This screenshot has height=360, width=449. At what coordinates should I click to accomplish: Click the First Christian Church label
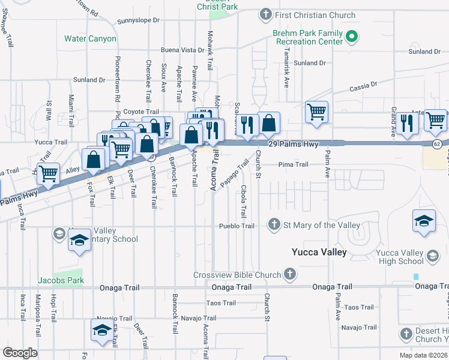pyautogui.click(x=315, y=15)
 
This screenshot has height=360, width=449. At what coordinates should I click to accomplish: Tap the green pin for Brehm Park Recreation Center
pyautogui.click(x=352, y=38)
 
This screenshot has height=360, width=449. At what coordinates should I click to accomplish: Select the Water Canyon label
pyautogui.click(x=90, y=38)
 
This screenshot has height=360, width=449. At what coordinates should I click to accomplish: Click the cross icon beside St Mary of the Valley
pyautogui.click(x=274, y=225)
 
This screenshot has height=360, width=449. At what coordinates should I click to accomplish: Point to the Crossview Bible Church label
pyautogui.click(x=237, y=275)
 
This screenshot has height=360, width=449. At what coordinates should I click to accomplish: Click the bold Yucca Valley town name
pyautogui.click(x=319, y=252)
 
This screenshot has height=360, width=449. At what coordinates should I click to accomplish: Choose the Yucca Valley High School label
pyautogui.click(x=399, y=257)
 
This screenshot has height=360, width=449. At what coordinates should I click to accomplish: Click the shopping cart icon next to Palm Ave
pyautogui.click(x=316, y=112)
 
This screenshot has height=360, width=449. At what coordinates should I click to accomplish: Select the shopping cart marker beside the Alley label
pyautogui.click(x=49, y=174)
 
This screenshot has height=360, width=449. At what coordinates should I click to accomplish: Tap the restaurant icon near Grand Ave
pyautogui.click(x=407, y=123)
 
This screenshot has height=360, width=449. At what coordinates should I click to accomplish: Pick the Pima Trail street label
pyautogui.click(x=293, y=164)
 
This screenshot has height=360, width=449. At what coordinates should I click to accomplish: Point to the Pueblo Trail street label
pyautogui.click(x=238, y=226)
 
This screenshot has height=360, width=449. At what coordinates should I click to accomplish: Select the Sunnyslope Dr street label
pyautogui.click(x=139, y=20)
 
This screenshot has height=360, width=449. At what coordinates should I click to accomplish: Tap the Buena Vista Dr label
pyautogui.click(x=182, y=50)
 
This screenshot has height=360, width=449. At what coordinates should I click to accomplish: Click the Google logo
pyautogui.click(x=20, y=353)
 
